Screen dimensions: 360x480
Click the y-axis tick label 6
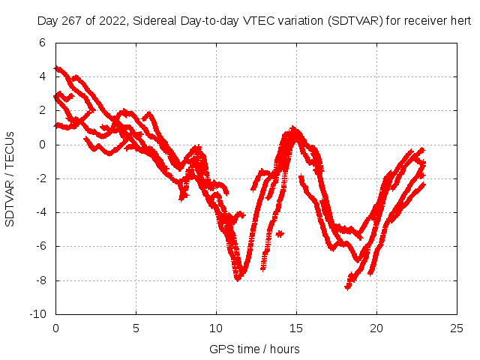(x=42, y=43)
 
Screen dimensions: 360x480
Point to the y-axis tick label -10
(x=37, y=314)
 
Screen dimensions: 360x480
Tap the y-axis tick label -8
(x=40, y=280)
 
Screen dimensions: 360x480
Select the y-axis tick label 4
(x=42, y=76)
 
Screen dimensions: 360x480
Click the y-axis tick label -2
(x=40, y=178)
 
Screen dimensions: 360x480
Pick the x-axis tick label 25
(x=457, y=328)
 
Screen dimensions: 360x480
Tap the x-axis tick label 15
(x=296, y=328)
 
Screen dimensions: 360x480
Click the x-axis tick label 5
(x=136, y=328)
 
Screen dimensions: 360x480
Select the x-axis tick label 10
(x=216, y=328)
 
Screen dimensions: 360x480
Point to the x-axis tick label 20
(x=376, y=328)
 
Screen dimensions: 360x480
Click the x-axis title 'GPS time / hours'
(x=254, y=349)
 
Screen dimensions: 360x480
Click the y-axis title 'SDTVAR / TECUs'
(x=10, y=178)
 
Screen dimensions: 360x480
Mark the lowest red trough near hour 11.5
(x=238, y=277)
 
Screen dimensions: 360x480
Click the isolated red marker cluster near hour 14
(x=280, y=234)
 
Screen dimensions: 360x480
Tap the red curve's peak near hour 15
(x=294, y=130)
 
